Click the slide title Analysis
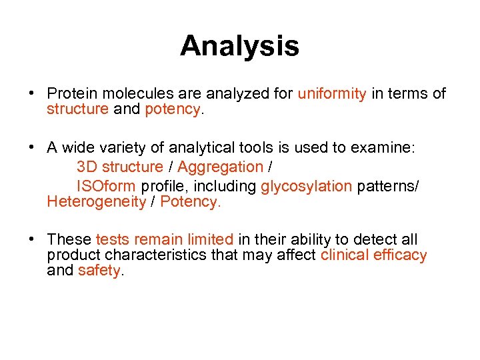point(239,46)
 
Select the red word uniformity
point(331,94)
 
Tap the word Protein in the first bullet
point(71,94)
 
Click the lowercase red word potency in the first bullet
point(171,109)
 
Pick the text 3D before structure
point(86,167)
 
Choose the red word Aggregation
point(220,167)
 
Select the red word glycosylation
point(306,186)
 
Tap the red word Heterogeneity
point(96,202)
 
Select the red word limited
point(210,240)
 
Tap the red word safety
point(100,271)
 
